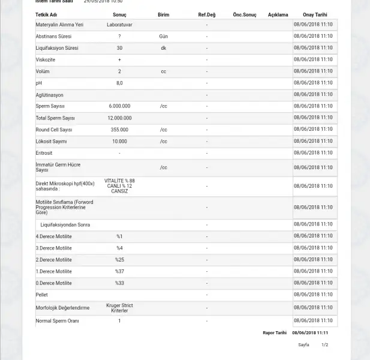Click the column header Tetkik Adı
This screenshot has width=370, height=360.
(x=47, y=14)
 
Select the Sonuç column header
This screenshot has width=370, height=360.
(x=119, y=14)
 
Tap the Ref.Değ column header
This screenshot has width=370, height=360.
(x=207, y=14)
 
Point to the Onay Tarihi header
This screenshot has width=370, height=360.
(x=315, y=14)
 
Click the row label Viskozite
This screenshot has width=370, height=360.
(x=46, y=59)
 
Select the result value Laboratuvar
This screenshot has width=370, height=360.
(x=119, y=25)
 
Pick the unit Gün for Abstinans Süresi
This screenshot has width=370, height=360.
(x=163, y=36)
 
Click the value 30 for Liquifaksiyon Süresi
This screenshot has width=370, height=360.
(x=119, y=48)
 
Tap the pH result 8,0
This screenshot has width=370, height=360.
(x=119, y=83)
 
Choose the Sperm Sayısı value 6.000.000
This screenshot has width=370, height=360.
(x=119, y=106)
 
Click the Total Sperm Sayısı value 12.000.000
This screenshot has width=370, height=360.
(x=119, y=118)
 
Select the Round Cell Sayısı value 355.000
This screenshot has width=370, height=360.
(x=119, y=130)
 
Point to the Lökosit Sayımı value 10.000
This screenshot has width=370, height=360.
(x=119, y=142)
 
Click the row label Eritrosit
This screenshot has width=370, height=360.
(x=44, y=153)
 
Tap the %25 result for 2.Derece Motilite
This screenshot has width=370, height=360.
(x=119, y=260)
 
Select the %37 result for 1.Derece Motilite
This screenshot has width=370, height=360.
(x=119, y=271)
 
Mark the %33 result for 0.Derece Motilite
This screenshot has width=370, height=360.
(x=119, y=283)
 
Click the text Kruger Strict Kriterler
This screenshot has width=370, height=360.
(x=119, y=308)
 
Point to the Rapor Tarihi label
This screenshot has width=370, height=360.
(x=275, y=332)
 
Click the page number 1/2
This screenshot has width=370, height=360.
(x=325, y=345)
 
